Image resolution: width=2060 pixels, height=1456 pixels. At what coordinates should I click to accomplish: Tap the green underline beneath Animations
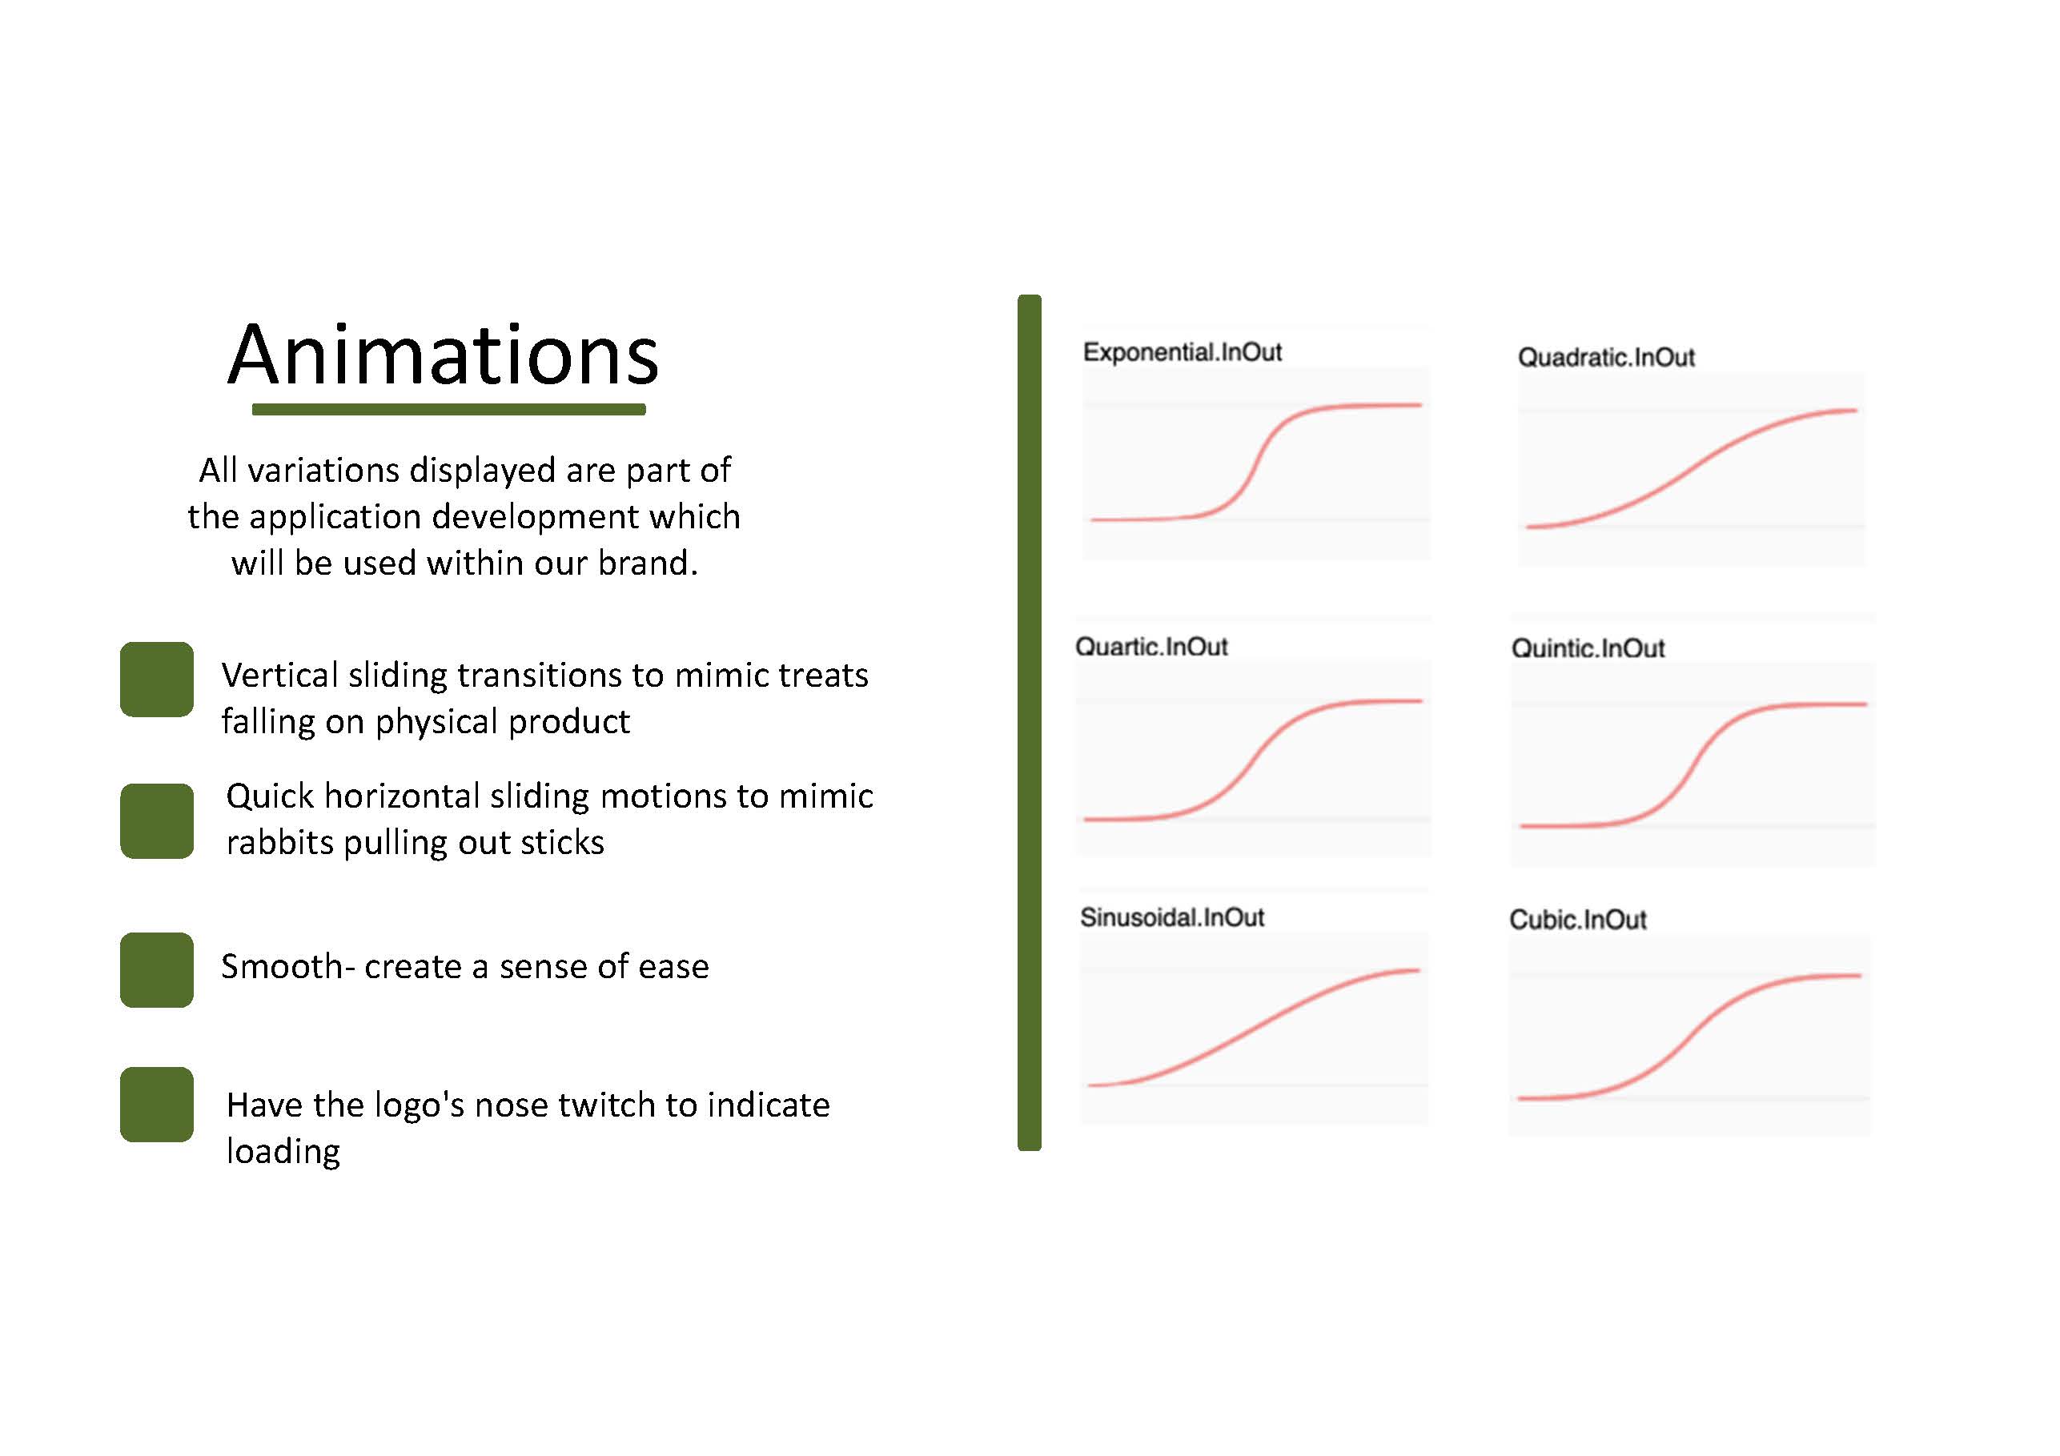tap(448, 409)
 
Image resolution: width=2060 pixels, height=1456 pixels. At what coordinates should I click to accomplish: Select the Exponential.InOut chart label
tap(1182, 351)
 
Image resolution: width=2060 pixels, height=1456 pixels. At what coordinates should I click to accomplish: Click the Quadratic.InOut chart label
tap(1606, 357)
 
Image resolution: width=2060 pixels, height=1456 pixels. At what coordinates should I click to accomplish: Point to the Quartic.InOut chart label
tap(1151, 647)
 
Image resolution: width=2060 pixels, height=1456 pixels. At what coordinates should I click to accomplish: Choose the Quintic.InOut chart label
tap(1588, 648)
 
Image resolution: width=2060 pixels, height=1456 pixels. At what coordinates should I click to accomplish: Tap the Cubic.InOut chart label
tap(1577, 920)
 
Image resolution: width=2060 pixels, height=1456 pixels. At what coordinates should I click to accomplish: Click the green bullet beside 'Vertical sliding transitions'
tap(157, 679)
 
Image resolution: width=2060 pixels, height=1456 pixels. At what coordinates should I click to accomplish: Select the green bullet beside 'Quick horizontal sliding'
tap(157, 820)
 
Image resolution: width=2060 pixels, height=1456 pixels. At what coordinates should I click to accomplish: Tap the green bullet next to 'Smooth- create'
tap(157, 970)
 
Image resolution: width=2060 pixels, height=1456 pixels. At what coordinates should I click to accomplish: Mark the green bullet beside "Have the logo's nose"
tap(157, 1105)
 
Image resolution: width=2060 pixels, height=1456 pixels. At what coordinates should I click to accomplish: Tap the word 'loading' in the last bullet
tap(283, 1152)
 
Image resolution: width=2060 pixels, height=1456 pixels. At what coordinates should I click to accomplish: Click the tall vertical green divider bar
tap(1029, 722)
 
